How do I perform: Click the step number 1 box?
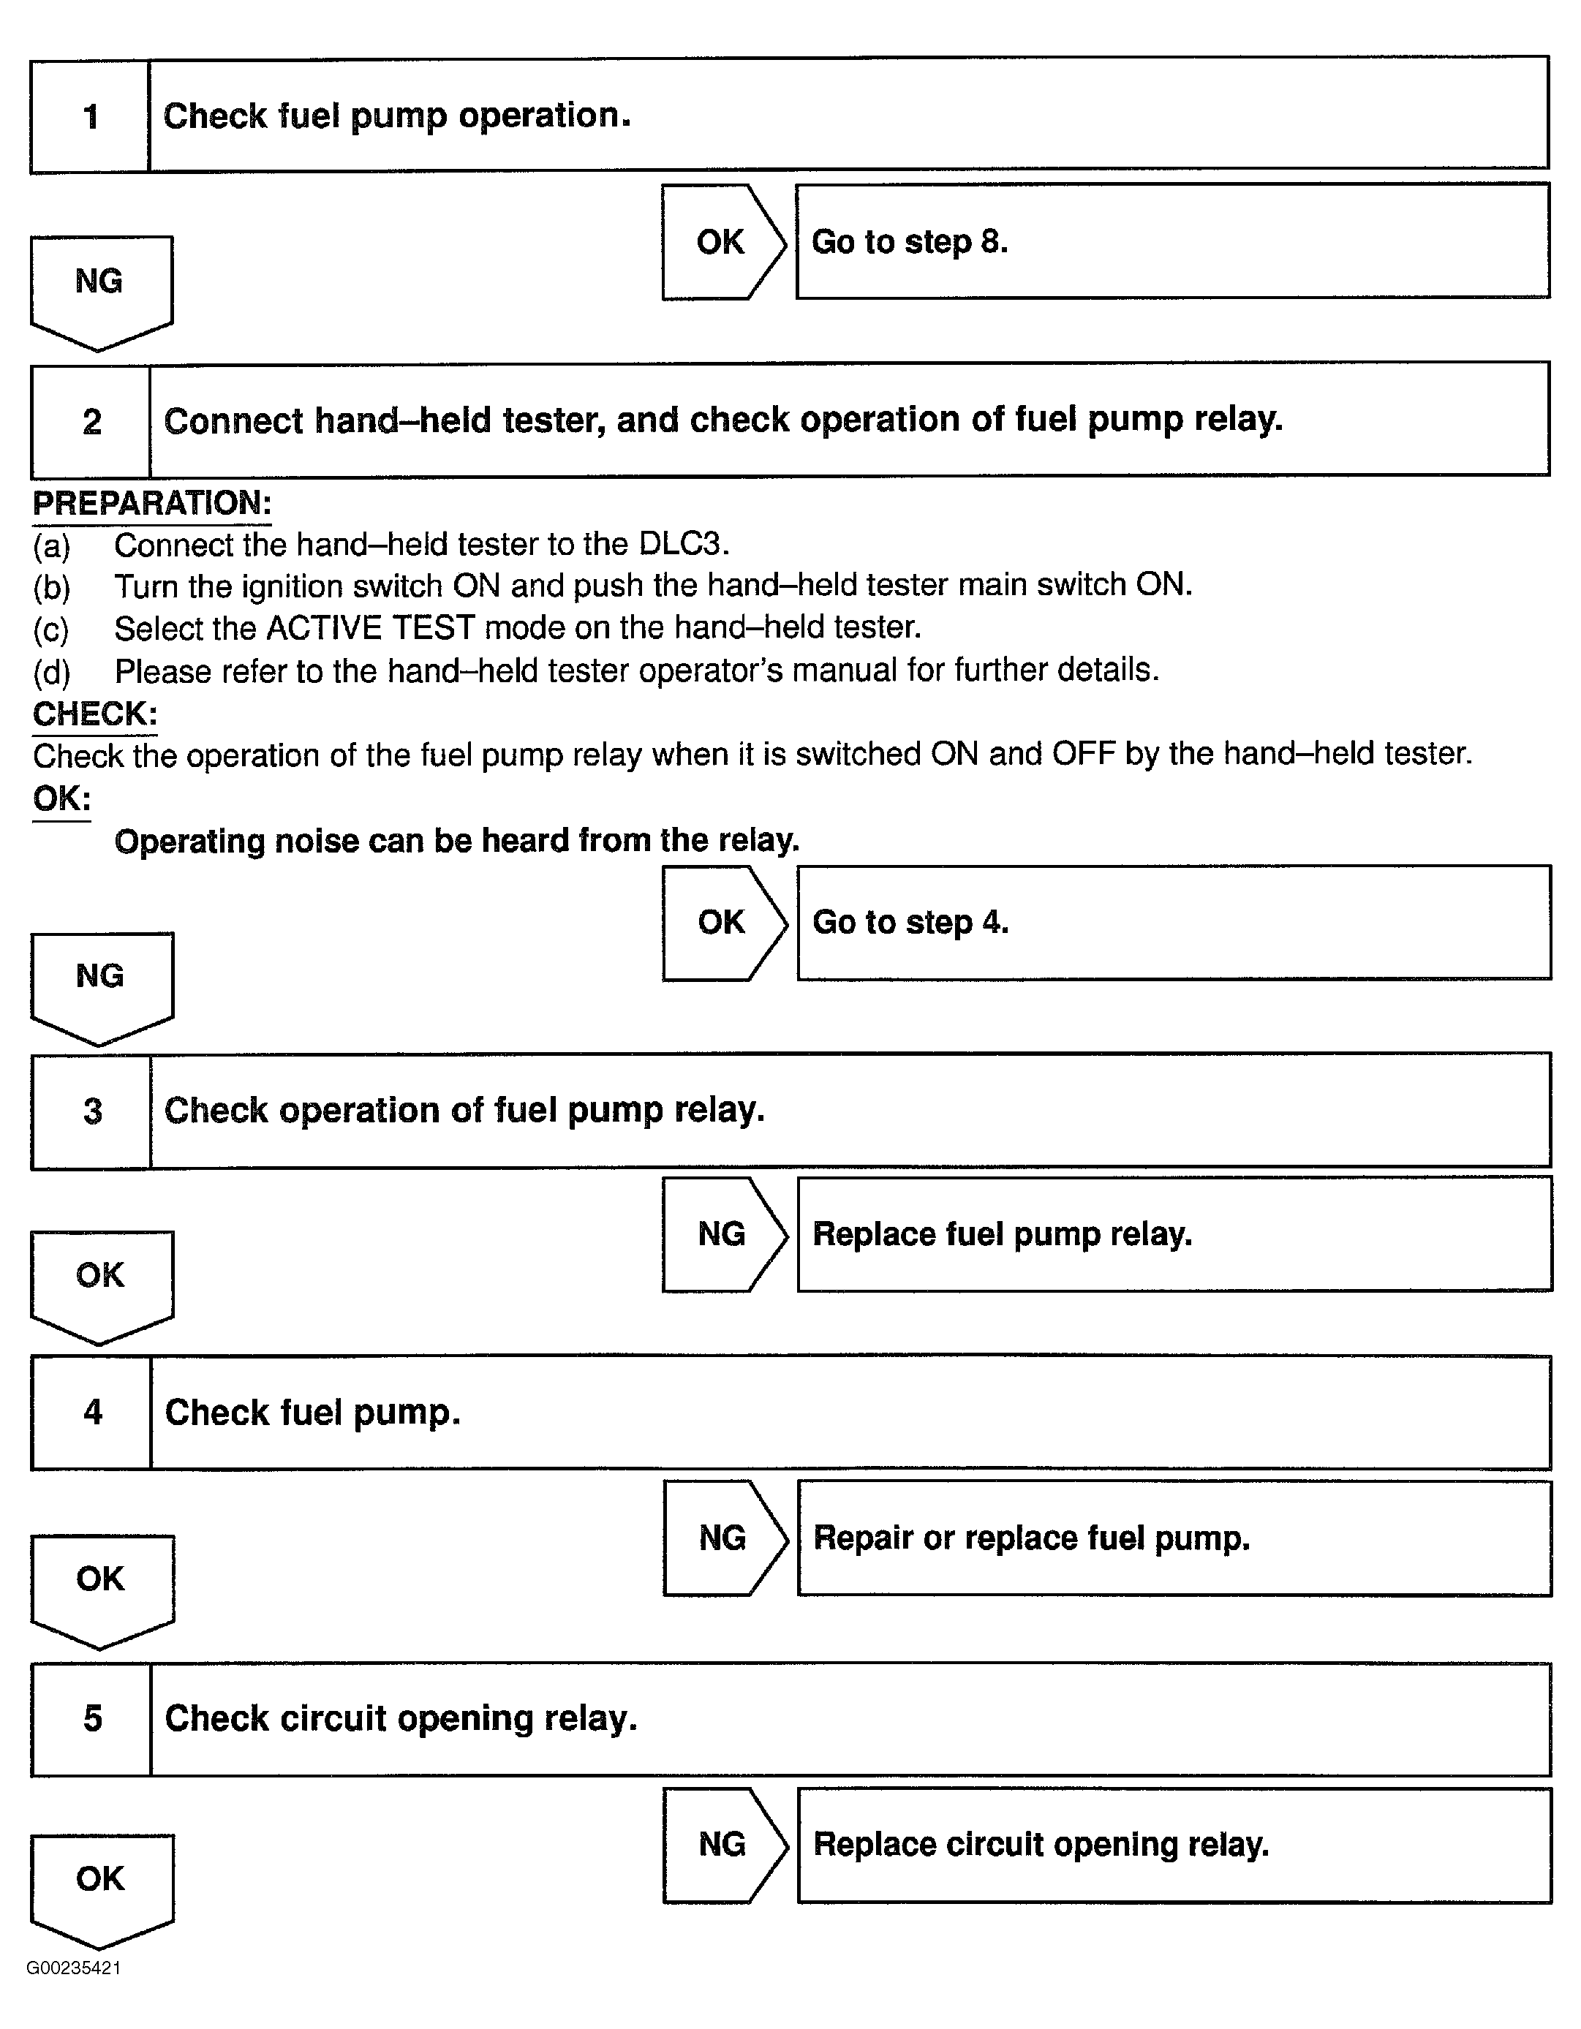tap(90, 117)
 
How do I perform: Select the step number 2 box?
tap(91, 422)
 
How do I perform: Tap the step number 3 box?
tap(92, 1111)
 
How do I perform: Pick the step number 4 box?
tap(92, 1412)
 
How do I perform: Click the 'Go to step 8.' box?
tap(1172, 241)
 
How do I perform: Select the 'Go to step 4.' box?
tap(1173, 923)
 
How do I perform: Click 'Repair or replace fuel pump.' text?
tap(1031, 1538)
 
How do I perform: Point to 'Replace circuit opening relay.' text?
tap(1041, 1844)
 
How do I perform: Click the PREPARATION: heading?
tap(152, 504)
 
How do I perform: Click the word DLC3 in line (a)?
tap(683, 543)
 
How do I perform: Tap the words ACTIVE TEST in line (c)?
tap(371, 628)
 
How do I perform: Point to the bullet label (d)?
tap(52, 670)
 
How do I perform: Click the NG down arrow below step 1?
tap(100, 288)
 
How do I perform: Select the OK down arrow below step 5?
tap(101, 1886)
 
